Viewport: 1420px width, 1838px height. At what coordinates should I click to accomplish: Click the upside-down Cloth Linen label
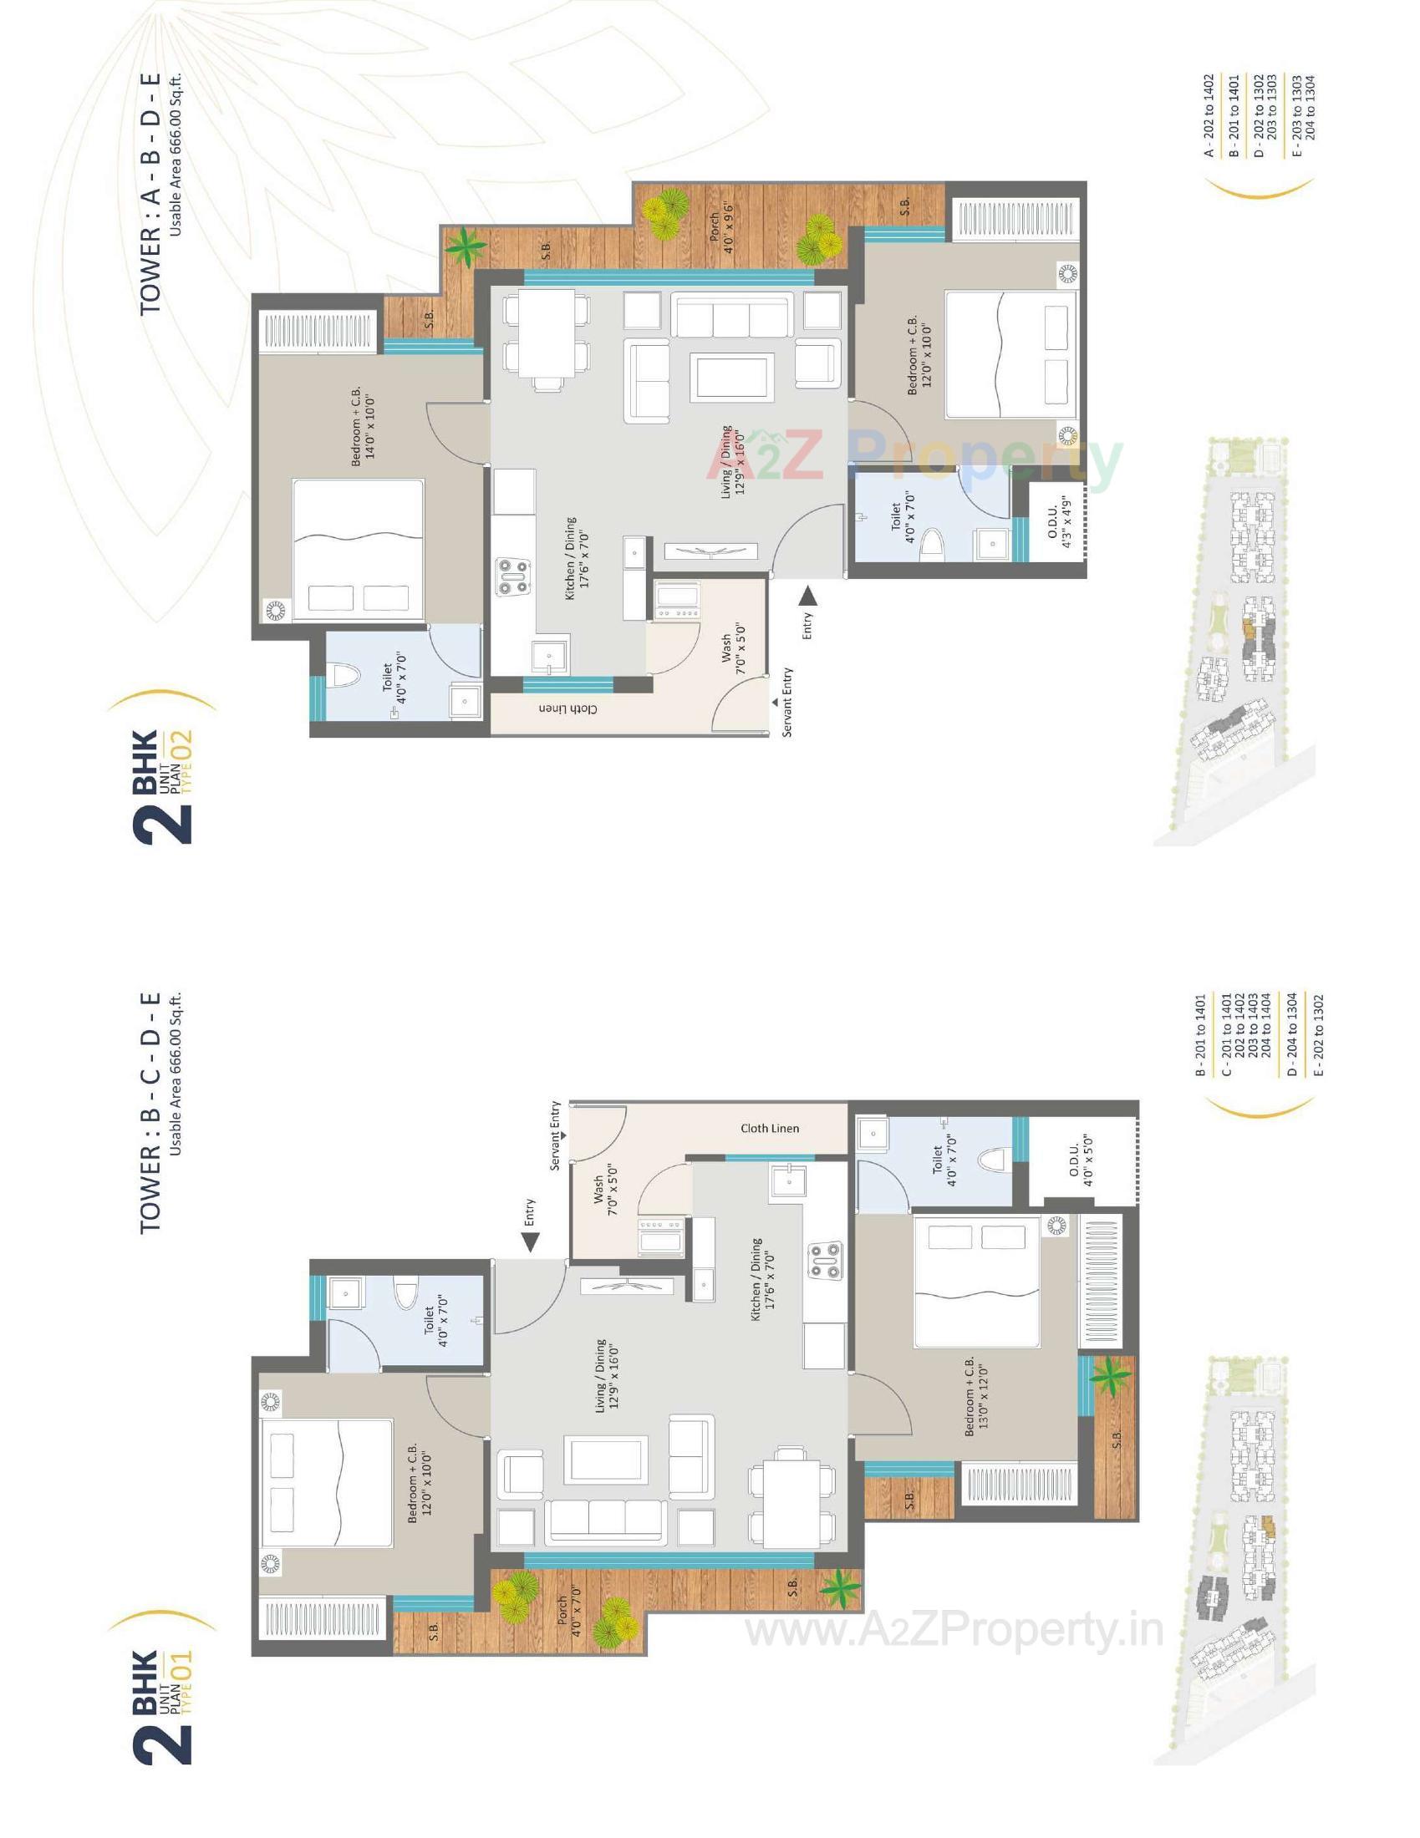coord(569,708)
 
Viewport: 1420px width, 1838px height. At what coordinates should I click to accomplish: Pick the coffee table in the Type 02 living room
coord(731,376)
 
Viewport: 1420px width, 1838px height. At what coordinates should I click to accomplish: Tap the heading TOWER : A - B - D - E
coord(150,195)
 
